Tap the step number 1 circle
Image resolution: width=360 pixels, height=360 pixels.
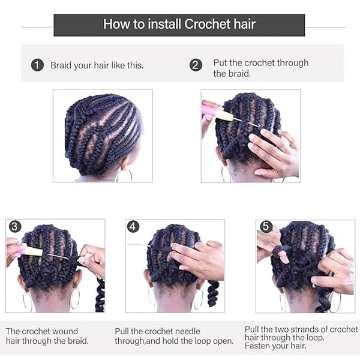37,65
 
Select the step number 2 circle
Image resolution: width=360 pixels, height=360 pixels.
196,65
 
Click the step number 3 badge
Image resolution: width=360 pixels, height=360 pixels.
15,227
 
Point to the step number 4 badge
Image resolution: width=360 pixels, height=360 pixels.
133,227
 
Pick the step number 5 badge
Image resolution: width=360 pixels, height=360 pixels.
266,227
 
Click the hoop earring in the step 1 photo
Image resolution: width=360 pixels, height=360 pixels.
124,176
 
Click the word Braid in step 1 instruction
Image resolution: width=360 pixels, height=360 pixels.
61,65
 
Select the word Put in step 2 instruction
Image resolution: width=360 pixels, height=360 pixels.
220,62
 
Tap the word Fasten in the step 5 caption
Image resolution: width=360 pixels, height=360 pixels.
256,346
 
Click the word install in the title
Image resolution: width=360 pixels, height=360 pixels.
164,24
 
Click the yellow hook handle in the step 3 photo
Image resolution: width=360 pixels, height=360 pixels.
33,251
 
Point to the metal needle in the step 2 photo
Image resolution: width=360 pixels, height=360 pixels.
247,122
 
